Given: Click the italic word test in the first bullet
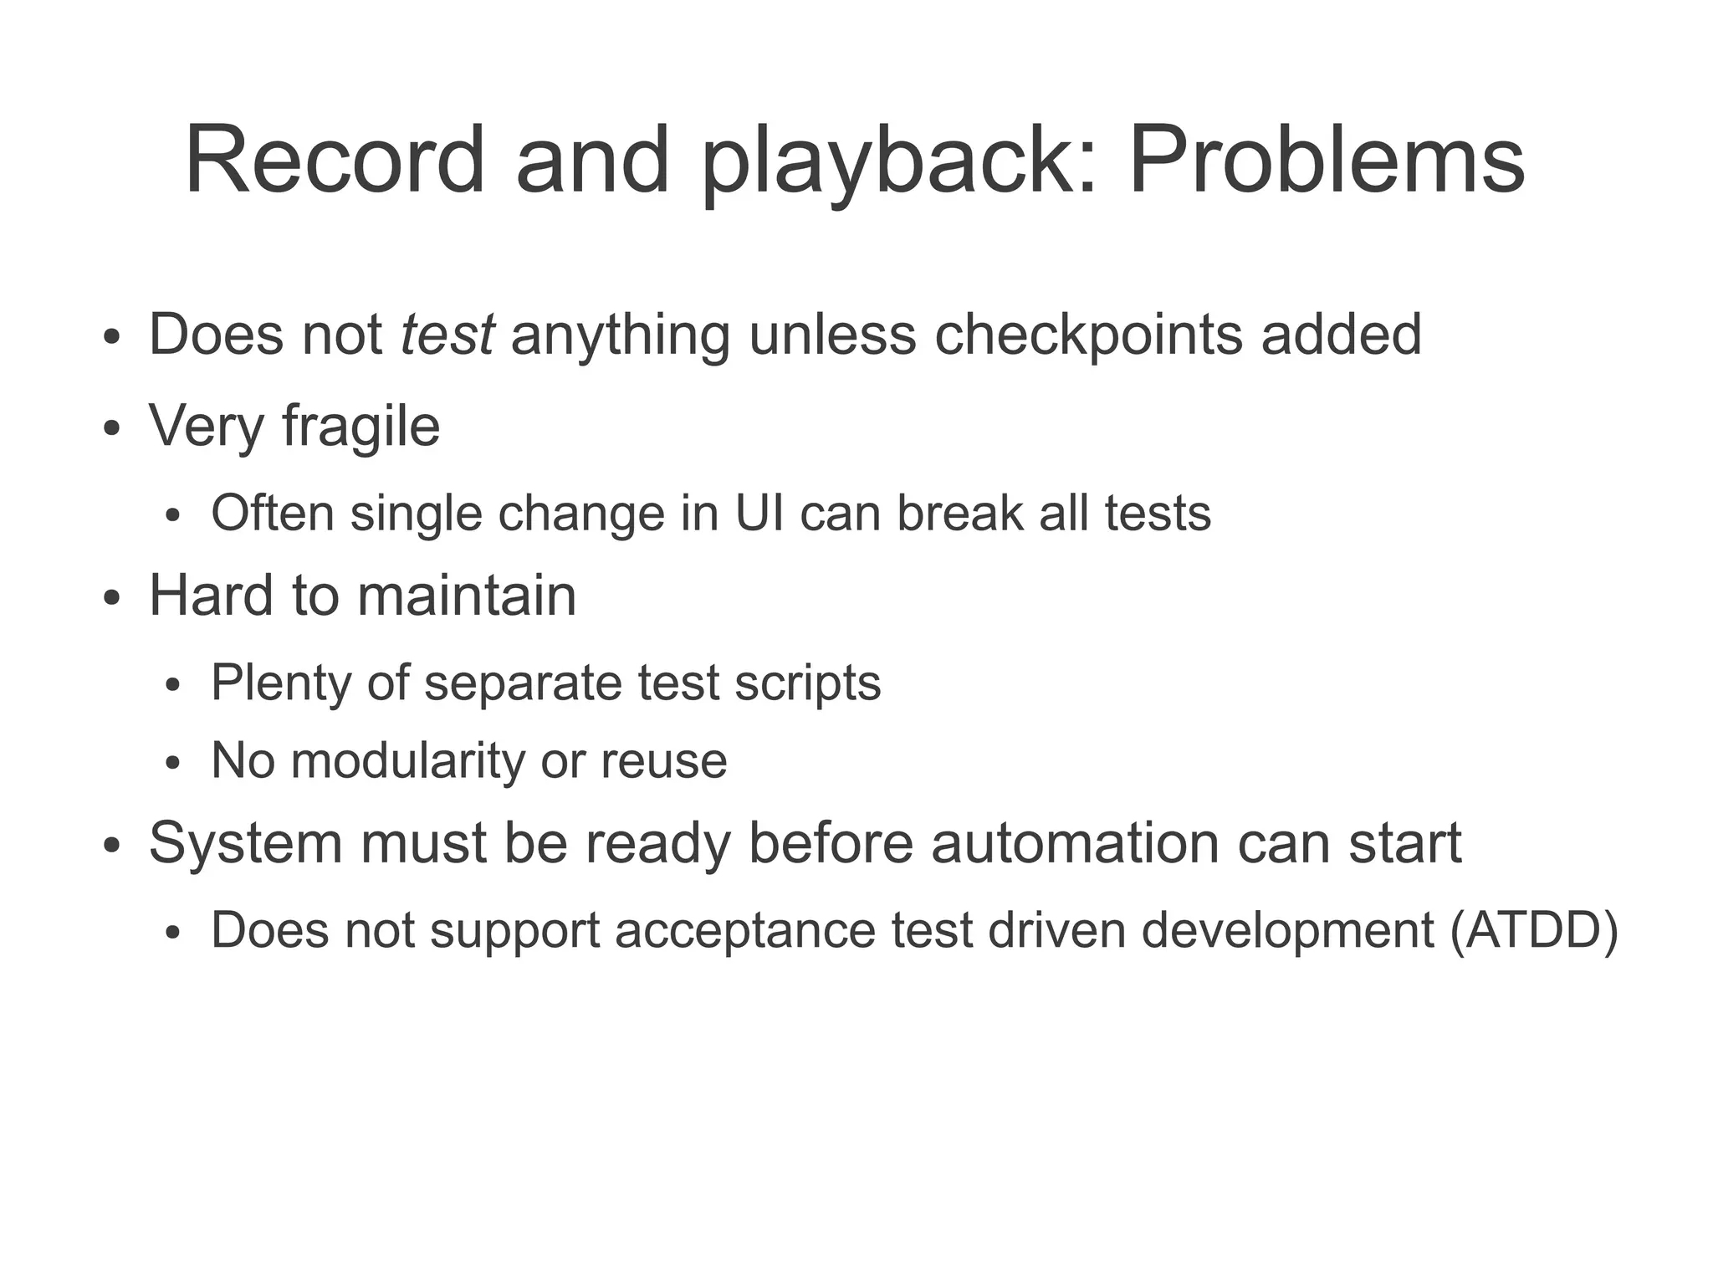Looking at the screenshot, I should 447,335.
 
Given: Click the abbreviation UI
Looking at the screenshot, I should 759,513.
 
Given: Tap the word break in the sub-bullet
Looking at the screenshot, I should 959,513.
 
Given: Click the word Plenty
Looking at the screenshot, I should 281,683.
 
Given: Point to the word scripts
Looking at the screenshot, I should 807,683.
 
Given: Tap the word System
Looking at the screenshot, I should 245,843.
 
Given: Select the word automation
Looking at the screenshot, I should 1075,843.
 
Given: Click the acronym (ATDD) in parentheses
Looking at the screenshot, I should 1534,930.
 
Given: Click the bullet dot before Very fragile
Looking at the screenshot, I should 111,428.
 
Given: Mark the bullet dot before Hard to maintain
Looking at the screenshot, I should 111,598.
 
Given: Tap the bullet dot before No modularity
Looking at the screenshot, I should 173,763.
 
